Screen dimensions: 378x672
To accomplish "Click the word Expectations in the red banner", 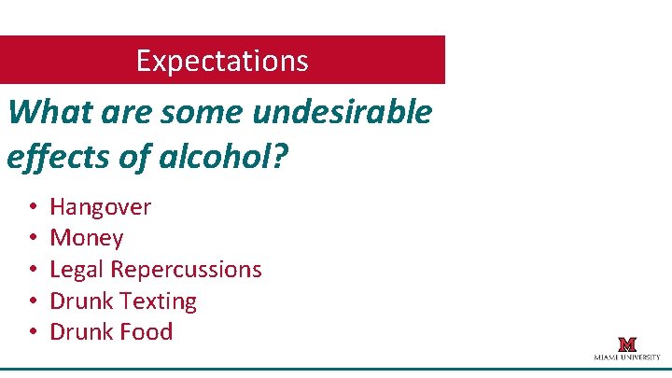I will click(221, 61).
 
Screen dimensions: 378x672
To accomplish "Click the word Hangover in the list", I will click(100, 207).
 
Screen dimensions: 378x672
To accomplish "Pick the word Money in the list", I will click(86, 238).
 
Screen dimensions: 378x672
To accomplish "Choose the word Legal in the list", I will click(77, 269).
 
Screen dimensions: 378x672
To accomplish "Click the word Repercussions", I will click(186, 270).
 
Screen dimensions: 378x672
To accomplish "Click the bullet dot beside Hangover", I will click(32, 207).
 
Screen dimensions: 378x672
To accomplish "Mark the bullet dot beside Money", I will click(32, 238).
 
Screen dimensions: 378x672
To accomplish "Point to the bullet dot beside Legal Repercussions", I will click(32, 270).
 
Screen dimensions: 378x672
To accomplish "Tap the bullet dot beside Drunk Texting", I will click(32, 301).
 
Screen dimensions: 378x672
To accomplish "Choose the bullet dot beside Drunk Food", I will click(32, 331).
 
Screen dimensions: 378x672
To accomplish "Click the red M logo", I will click(626, 344).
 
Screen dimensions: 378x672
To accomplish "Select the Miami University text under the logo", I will click(626, 357).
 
